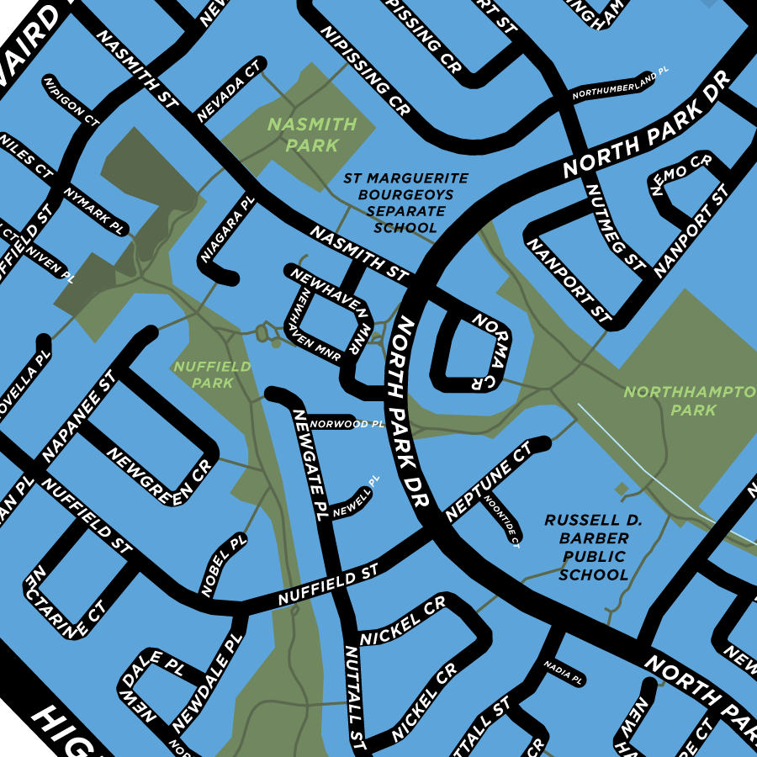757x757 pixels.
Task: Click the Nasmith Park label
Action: pos(311,135)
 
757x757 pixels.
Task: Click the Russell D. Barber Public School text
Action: pos(594,548)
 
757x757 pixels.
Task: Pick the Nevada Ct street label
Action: pos(230,90)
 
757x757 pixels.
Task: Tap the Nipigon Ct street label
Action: pos(71,99)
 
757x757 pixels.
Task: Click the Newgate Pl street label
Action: pos(310,463)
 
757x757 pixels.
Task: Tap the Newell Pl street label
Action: pos(356,498)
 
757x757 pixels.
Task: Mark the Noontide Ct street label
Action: pos(501,519)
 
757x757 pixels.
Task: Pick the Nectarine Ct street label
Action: pos(66,602)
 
